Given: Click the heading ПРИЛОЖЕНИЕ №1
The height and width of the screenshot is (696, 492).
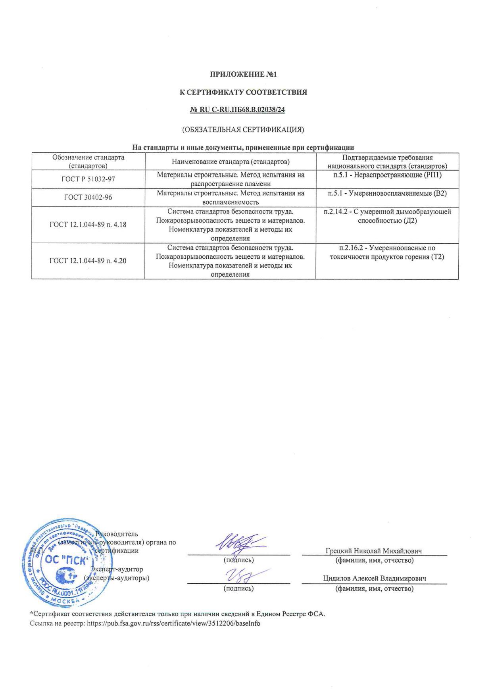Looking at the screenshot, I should coord(243,74).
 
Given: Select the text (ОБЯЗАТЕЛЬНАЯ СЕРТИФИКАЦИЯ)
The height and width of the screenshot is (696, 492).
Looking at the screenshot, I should coord(243,129).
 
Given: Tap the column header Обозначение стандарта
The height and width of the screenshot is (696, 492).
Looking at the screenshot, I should coord(88,158).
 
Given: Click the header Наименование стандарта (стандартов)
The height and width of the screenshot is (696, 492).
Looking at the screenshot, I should coord(231,162).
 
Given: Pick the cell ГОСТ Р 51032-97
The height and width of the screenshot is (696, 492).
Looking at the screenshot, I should coord(88,179).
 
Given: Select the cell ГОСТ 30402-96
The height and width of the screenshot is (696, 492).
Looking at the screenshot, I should coord(88,197).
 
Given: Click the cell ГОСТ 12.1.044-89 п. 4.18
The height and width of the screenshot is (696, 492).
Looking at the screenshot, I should coord(88,225).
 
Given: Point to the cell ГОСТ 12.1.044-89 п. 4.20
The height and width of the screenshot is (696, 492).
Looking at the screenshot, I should coord(88,261).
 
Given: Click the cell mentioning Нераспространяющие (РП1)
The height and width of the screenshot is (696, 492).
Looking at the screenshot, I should coord(387,175).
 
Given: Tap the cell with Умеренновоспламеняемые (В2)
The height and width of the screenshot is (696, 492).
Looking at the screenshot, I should coord(387,193).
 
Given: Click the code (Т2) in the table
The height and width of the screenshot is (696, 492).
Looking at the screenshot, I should coord(437,257).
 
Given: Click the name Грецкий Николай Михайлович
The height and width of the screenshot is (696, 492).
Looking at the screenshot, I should coord(374,551).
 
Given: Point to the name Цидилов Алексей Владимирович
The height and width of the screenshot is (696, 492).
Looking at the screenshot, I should coord(375,579).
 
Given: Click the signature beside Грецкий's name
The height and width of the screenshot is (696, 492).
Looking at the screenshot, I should coord(239,542).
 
